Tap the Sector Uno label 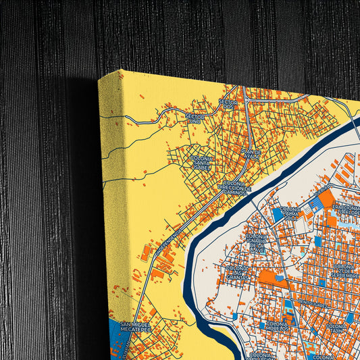(x=195, y=119)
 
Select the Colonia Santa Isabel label (x=202, y=161)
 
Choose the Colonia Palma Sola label (x=290, y=213)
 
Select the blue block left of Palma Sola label (x=277, y=214)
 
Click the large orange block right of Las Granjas (x=272, y=277)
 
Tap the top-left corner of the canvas (x=99, y=79)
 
